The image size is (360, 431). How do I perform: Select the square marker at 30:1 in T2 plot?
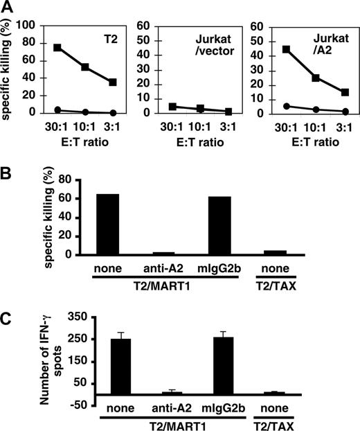57,48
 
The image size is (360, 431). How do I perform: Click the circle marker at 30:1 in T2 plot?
57,109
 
